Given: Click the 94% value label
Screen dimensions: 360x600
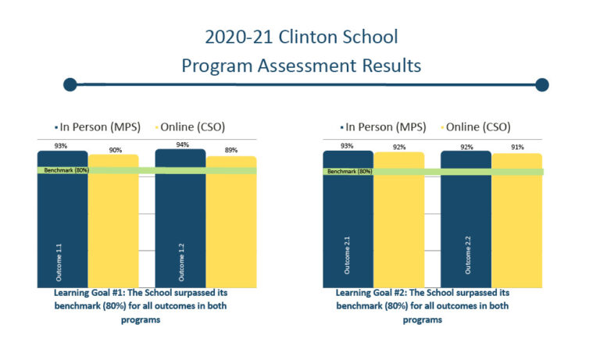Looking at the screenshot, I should (180, 144).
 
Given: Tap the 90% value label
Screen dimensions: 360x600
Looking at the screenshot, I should (115, 150).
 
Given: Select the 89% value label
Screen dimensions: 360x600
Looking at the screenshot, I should (231, 150).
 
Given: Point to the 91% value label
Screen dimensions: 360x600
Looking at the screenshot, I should (517, 147).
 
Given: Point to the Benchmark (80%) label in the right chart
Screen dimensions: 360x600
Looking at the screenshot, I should (349, 171).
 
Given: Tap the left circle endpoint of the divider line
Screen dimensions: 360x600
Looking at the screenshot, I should (70, 84).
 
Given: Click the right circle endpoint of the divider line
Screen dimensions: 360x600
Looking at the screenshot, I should (542, 84).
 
